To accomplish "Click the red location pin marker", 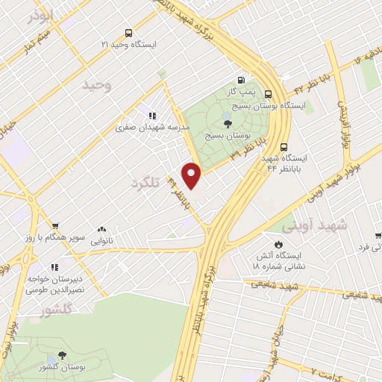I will coord(192,175).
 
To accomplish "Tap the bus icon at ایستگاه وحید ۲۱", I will coord(129,33).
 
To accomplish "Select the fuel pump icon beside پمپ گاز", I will coord(240,81).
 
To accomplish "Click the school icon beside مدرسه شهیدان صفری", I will coord(151,116).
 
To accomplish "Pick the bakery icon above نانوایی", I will coord(101,230).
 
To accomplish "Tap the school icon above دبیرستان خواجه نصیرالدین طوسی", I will coord(54,267).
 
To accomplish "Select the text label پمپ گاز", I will coord(240,93).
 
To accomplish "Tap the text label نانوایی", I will coord(101,242).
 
